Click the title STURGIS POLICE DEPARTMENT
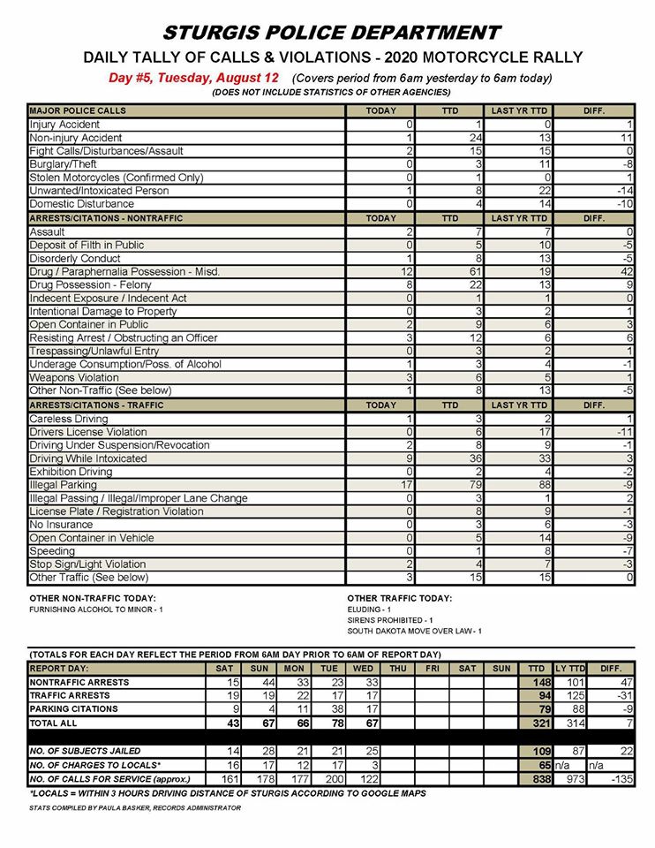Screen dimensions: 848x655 click(x=333, y=33)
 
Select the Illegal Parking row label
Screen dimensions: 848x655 click(x=63, y=485)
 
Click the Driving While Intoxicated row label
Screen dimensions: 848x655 click(x=88, y=458)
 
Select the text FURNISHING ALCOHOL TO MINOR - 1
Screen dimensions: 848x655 click(x=97, y=610)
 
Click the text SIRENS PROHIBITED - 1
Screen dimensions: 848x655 click(x=388, y=620)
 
